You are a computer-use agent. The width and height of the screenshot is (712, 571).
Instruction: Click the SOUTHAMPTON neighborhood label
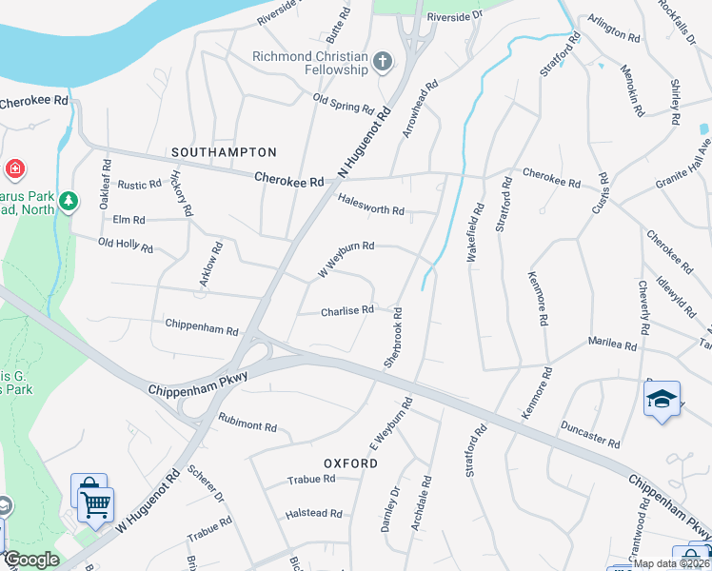(x=224, y=152)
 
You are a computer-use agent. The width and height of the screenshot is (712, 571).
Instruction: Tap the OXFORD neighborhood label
(x=350, y=463)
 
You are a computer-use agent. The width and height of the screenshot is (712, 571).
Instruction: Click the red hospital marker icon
(x=13, y=170)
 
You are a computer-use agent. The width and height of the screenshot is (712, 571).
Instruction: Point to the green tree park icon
(x=68, y=201)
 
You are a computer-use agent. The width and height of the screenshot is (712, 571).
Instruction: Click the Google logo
(x=30, y=560)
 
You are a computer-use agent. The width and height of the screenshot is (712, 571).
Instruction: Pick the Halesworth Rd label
(x=371, y=204)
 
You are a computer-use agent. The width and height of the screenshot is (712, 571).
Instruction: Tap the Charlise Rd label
(x=346, y=310)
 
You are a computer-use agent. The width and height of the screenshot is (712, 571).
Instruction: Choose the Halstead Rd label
(x=313, y=514)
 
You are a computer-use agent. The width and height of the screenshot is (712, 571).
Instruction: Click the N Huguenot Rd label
(x=366, y=142)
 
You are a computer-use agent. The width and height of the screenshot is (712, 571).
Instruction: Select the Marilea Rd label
(x=611, y=344)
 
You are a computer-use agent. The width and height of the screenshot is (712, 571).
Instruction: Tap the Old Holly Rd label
(x=126, y=246)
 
